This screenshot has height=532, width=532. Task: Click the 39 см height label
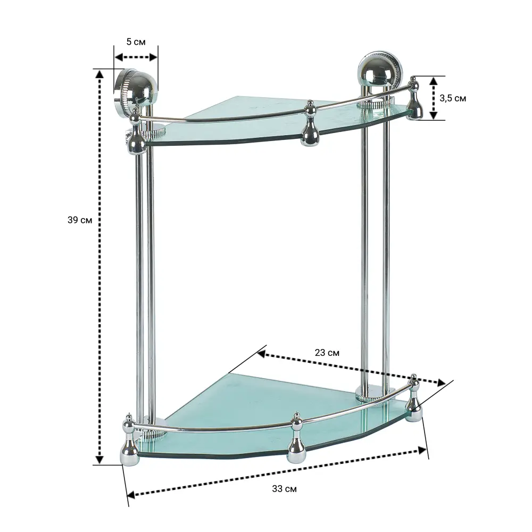click(x=80, y=220)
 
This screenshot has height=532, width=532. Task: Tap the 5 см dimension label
click(x=136, y=41)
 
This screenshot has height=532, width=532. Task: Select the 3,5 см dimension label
click(x=453, y=98)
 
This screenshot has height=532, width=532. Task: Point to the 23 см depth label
click(x=327, y=353)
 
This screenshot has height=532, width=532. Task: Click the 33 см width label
click(x=284, y=489)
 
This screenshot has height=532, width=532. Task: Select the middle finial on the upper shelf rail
click(x=310, y=123)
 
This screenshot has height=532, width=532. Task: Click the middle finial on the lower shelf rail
click(x=297, y=438)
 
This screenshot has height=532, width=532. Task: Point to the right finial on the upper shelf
click(x=414, y=98)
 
